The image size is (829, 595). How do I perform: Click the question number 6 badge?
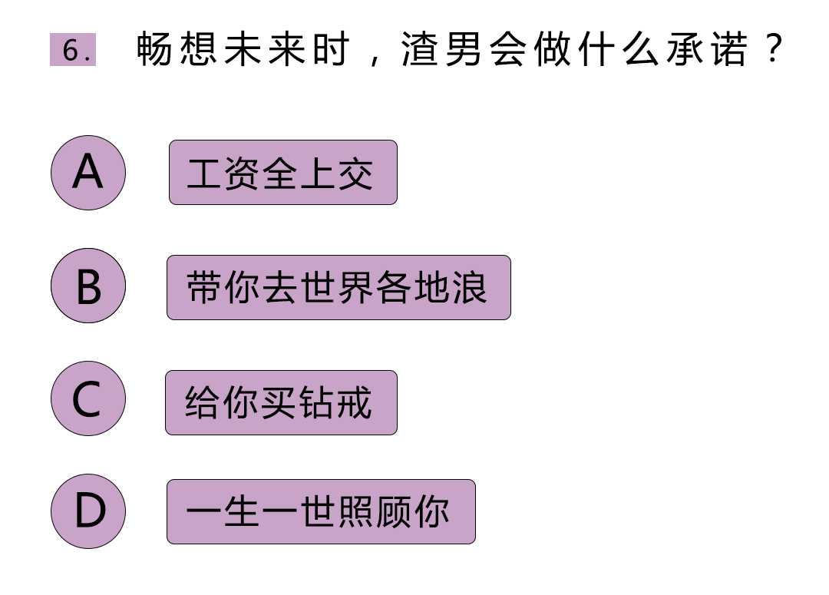tap(73, 50)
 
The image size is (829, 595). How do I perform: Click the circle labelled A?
tap(88, 172)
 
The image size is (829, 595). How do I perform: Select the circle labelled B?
tap(88, 286)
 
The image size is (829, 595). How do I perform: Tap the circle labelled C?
tap(88, 398)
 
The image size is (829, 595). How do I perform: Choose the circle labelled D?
tap(88, 511)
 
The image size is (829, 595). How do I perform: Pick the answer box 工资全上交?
tap(282, 173)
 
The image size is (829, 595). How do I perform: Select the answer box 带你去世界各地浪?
tap(339, 288)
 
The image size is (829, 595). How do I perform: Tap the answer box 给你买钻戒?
tap(281, 403)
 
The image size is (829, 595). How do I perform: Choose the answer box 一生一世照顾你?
tap(321, 512)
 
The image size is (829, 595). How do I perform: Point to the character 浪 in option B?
tap(470, 288)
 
